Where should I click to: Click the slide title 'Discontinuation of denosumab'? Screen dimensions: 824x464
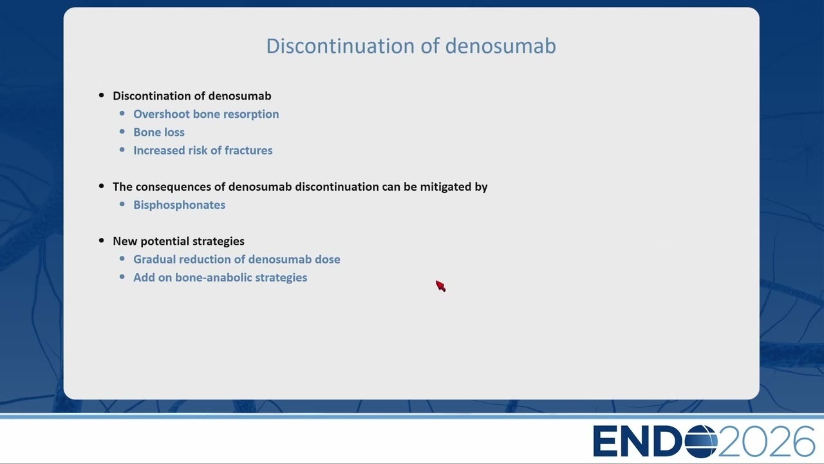(x=411, y=46)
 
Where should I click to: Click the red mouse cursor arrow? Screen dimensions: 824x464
(x=441, y=286)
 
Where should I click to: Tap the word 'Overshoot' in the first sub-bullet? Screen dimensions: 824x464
(x=162, y=114)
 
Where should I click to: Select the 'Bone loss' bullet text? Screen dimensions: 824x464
(x=159, y=132)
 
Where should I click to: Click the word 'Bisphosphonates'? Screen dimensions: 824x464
(x=179, y=205)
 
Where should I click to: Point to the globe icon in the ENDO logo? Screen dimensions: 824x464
(x=701, y=441)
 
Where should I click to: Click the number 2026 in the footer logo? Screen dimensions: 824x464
(x=767, y=441)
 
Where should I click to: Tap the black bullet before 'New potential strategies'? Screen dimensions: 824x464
(x=102, y=241)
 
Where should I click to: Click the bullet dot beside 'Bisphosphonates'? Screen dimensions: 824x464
(x=122, y=204)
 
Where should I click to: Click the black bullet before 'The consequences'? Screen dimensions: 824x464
(x=102, y=186)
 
